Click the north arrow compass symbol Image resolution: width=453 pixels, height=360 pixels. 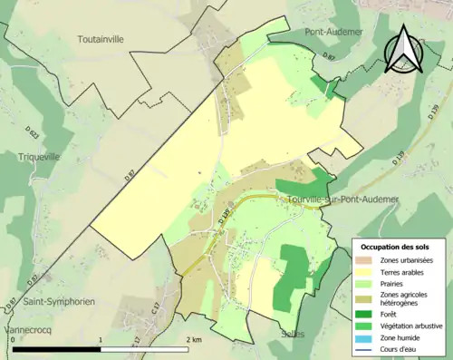pos(405,47)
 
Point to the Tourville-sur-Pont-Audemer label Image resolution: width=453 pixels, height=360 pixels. pos(342,199)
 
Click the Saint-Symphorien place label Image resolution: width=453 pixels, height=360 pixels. pos(60,301)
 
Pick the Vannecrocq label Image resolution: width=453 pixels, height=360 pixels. pos(29,329)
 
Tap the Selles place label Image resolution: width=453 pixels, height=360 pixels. pos(293,334)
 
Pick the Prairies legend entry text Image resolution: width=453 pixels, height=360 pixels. pos(394,282)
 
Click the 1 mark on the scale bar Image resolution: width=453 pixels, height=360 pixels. pos(100,339)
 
